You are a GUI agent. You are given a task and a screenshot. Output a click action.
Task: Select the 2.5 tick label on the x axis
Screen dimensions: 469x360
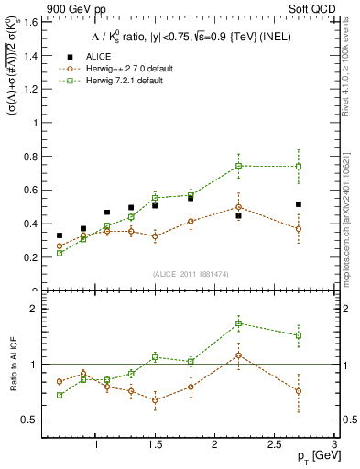[x=274, y=443]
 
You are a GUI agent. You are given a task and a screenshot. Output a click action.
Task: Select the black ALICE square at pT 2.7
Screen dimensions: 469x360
[x=299, y=204]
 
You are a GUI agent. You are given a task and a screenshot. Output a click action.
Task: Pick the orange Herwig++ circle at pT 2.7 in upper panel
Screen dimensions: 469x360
[x=299, y=229]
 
